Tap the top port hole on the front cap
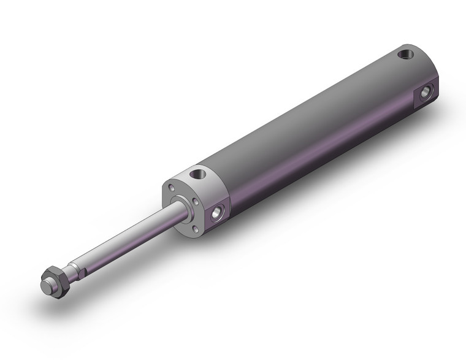[197, 175]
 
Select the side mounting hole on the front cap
[218, 213]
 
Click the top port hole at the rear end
[405, 55]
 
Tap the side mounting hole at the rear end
[427, 93]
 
